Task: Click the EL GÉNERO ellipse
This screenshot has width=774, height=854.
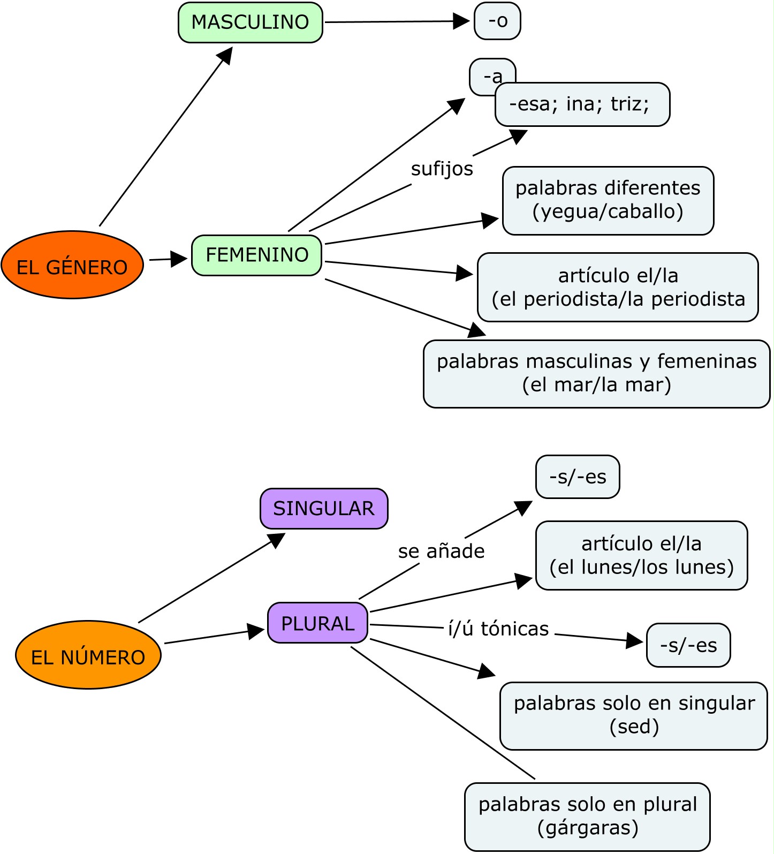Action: (x=72, y=265)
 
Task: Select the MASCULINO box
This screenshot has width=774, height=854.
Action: (x=250, y=22)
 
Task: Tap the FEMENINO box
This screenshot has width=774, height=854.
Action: (x=257, y=255)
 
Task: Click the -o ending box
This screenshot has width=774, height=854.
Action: (x=497, y=21)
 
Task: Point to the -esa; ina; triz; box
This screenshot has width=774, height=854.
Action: (x=582, y=104)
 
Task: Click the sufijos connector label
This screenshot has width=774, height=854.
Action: (x=442, y=169)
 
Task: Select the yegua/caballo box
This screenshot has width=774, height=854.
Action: (x=608, y=200)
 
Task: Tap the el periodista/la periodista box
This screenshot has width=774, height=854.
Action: (x=618, y=288)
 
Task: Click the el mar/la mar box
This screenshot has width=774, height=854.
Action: (x=596, y=374)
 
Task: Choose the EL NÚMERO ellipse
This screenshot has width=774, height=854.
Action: (x=88, y=655)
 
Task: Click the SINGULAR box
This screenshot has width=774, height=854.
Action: (x=324, y=509)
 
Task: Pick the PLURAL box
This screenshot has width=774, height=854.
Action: (x=317, y=623)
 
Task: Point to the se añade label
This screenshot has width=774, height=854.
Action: (x=441, y=551)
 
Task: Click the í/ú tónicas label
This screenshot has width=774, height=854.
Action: (x=498, y=629)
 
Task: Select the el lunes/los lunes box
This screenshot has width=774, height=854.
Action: (x=641, y=556)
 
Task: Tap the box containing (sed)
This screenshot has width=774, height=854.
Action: (x=634, y=716)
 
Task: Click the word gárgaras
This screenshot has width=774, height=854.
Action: (x=588, y=828)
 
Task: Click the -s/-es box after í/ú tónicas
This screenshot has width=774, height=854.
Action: (x=688, y=645)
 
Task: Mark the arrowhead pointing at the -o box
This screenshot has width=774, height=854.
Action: (x=461, y=21)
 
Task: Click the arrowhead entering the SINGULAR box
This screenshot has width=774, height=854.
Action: (x=277, y=540)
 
